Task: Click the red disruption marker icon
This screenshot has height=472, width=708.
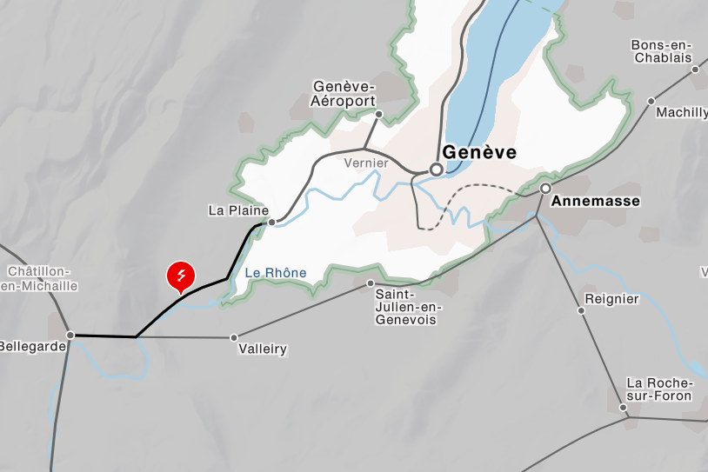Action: click(181, 276)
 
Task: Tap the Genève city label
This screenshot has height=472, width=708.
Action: click(479, 153)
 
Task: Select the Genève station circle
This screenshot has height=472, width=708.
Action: click(437, 170)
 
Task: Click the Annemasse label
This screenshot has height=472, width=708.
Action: click(597, 201)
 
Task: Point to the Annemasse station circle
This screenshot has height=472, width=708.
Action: click(545, 188)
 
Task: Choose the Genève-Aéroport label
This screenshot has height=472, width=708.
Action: click(343, 93)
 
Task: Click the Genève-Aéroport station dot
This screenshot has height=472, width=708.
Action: click(379, 114)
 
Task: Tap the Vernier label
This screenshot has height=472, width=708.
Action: click(365, 163)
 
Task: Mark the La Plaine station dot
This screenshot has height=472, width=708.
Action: click(272, 223)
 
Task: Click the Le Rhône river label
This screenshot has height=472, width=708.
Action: click(276, 273)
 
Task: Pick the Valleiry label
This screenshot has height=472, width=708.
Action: click(262, 349)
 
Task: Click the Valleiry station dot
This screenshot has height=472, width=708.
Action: click(234, 337)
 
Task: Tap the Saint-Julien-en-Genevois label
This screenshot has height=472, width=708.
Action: click(408, 307)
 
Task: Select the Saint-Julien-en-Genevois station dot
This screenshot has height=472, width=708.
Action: click(371, 283)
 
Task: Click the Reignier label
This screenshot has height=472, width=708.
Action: click(612, 299)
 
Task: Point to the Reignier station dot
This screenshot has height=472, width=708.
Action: click(582, 309)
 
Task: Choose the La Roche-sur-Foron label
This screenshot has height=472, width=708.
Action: click(659, 389)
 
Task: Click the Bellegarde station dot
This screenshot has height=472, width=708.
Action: click(70, 335)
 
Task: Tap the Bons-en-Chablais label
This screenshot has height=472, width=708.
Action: click(662, 51)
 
